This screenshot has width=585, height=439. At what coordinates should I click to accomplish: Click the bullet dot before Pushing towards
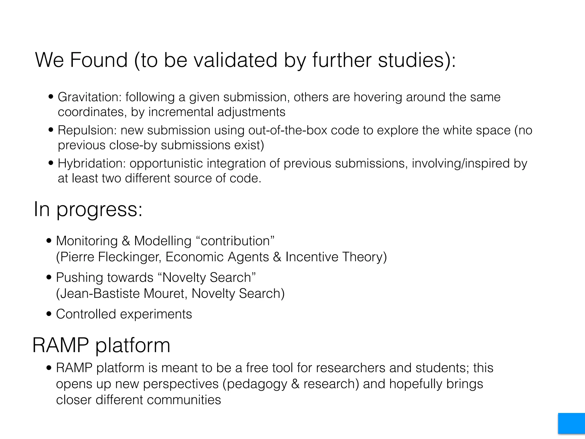point(49,278)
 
